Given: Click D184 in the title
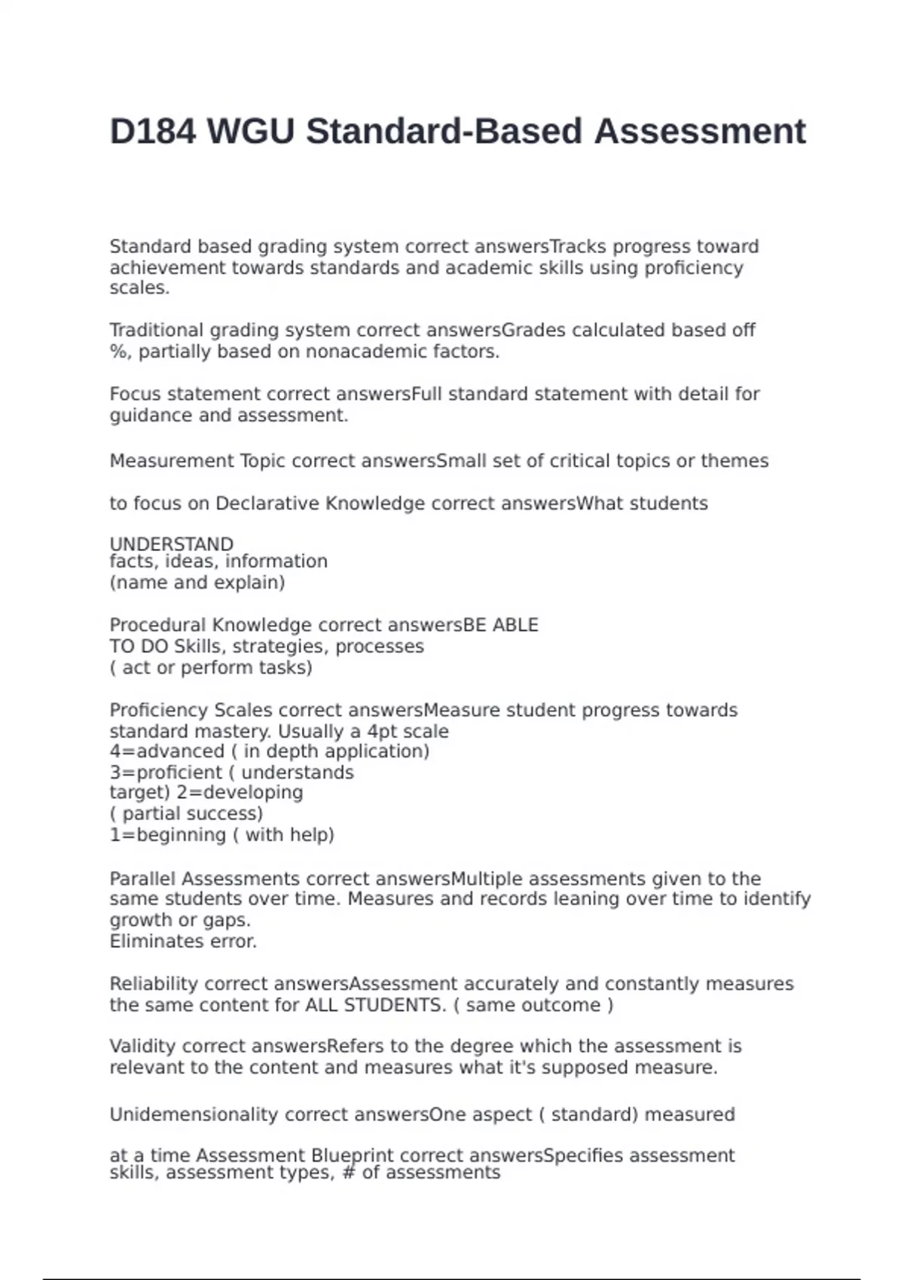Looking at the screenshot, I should (152, 132).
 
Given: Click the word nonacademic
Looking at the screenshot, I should (365, 352).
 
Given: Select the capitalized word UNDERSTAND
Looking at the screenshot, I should (171, 544).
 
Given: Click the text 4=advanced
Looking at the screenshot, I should (166, 751).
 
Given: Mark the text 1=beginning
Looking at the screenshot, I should (167, 835).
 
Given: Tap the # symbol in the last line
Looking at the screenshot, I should (348, 1173).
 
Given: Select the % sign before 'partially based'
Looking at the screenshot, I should (118, 352).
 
